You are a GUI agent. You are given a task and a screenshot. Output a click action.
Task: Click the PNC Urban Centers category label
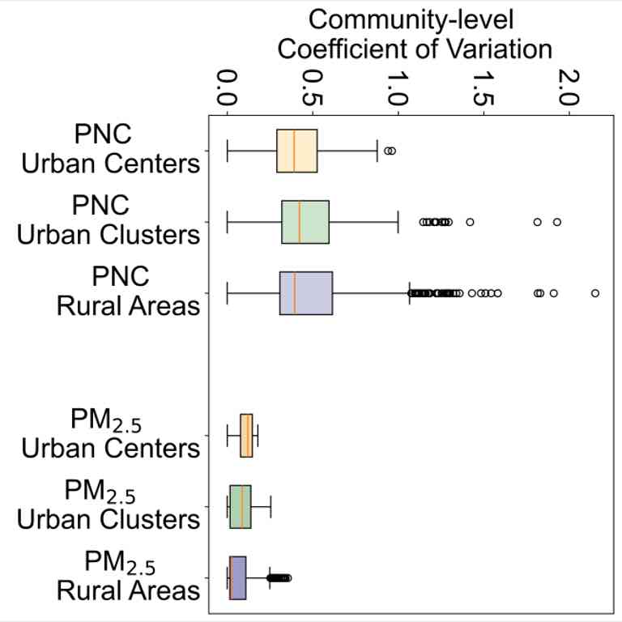111,149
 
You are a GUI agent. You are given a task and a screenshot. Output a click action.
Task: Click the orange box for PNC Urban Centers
297,151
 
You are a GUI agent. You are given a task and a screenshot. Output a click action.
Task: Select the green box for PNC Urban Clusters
305,221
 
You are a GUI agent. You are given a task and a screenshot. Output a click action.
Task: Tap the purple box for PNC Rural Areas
306,292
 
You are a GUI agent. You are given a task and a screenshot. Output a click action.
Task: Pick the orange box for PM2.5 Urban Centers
246,435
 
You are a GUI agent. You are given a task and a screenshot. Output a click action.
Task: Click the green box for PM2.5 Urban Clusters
241,506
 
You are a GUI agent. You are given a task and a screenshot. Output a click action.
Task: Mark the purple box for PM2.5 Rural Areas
238,577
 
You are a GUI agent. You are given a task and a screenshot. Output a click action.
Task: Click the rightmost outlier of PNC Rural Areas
595,292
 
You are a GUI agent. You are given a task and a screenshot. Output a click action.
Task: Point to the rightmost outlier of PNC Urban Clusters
557,221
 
